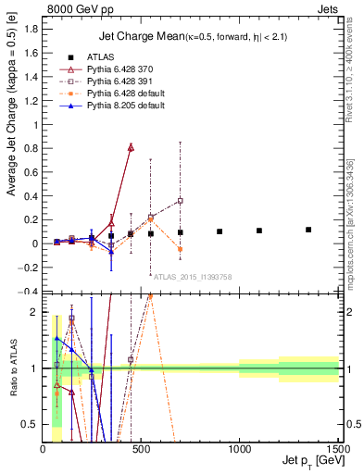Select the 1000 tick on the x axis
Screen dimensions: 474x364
[238, 450]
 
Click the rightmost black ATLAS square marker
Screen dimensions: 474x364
[308, 230]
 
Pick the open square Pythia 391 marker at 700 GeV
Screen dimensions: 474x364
[181, 201]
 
